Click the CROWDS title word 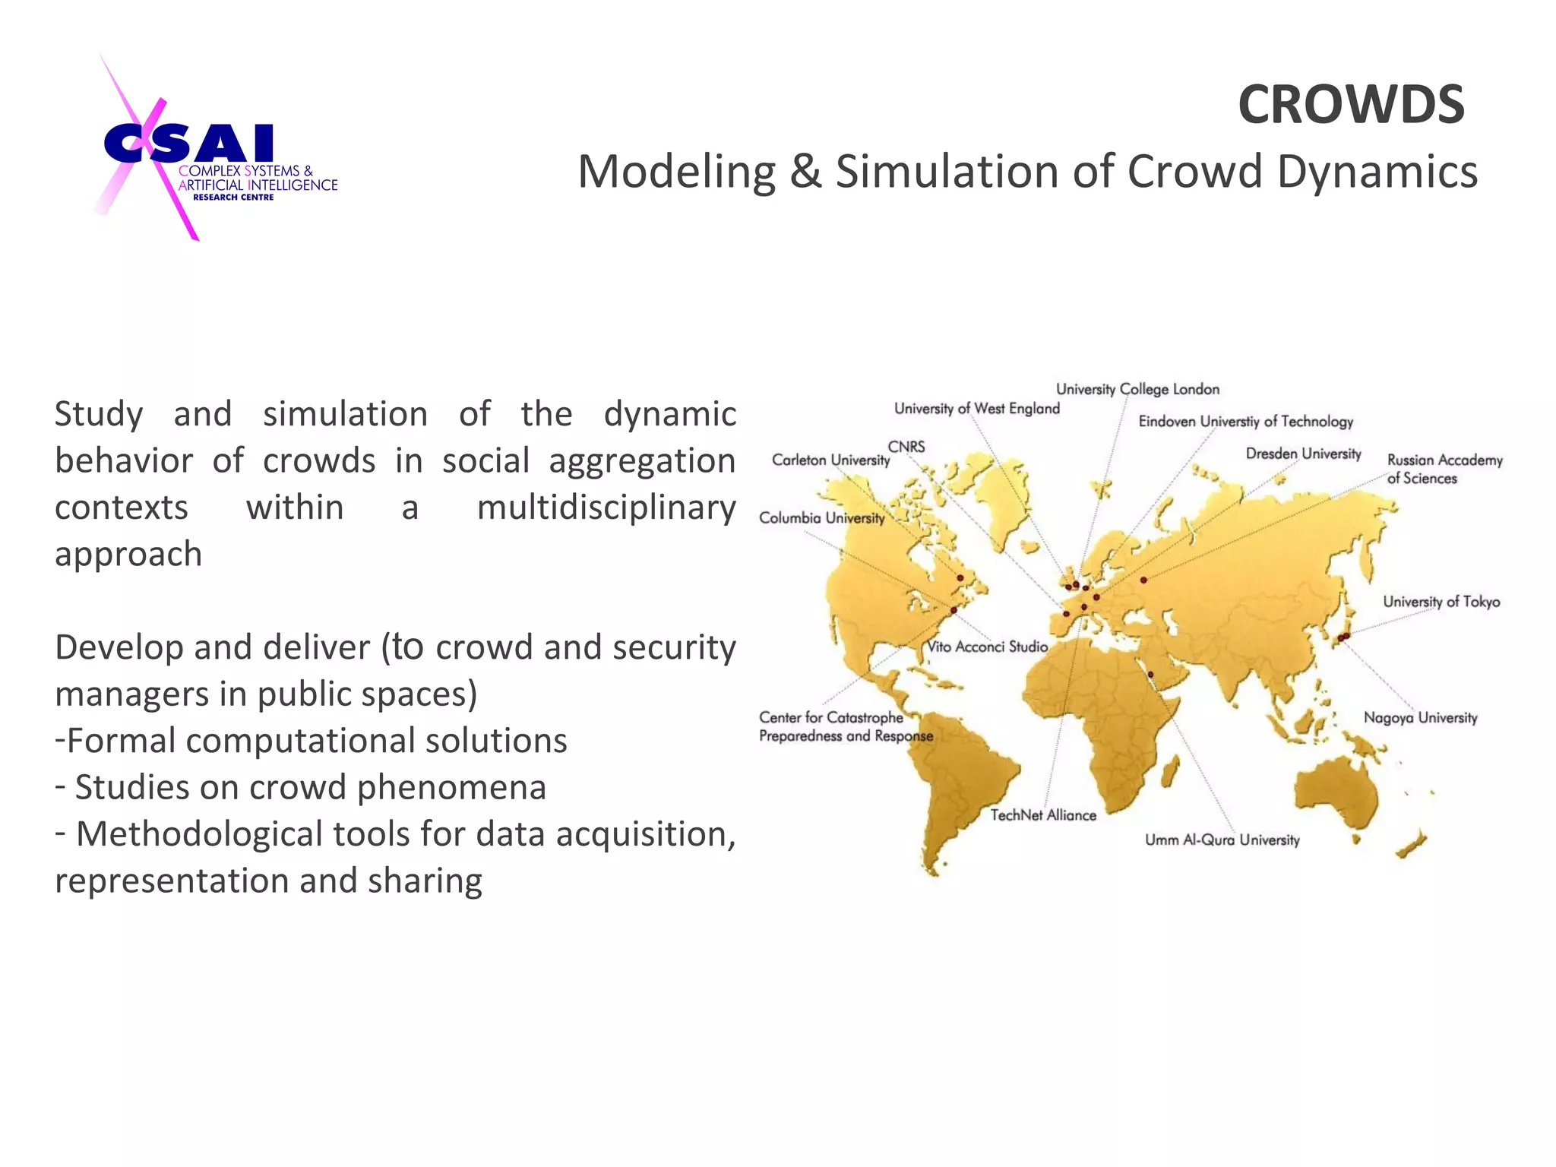1351,105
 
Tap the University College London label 1137,390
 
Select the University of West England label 976,409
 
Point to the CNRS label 906,447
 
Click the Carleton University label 830,460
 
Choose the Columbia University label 822,518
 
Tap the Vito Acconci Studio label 988,647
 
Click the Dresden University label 1303,454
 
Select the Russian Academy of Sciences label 1444,469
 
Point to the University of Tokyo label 1441,602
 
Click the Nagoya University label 1420,718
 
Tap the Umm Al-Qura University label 1222,840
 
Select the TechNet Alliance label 1043,815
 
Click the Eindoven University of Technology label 1245,422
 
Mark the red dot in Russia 1143,580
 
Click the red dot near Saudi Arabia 1150,674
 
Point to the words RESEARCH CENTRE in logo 233,198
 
